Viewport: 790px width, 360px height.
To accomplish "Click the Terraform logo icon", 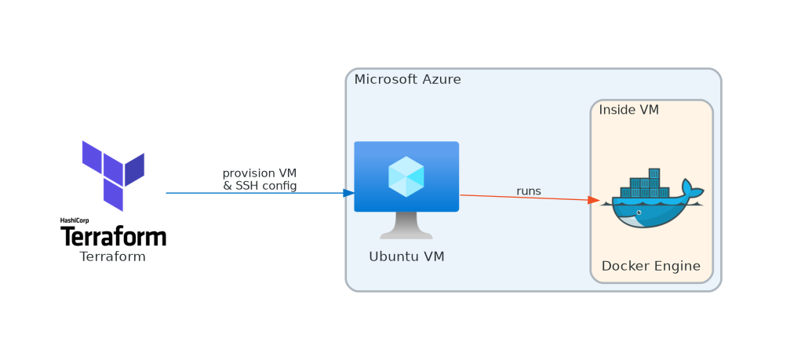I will click(112, 176).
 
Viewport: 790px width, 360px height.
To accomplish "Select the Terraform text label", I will click(112, 256).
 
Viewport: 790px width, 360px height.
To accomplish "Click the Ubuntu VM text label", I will click(406, 256).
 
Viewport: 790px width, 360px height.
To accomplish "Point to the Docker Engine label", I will click(651, 266).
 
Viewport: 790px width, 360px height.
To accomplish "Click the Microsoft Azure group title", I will click(407, 79).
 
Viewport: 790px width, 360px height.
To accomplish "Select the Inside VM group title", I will click(628, 110).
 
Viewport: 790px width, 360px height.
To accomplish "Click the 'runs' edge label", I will click(528, 191).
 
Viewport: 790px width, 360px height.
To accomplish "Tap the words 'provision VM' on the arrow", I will click(259, 173).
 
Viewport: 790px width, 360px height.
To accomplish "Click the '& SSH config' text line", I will click(259, 185).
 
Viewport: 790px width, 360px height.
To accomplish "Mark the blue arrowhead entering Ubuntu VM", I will click(349, 192).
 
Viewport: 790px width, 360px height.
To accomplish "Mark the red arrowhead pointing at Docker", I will click(594, 199).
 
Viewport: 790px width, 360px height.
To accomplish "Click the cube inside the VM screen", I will click(406, 176).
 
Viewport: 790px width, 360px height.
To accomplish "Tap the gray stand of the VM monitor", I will click(406, 227).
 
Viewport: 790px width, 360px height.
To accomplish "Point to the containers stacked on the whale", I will click(645, 185).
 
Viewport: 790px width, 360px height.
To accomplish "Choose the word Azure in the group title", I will click(442, 79).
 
